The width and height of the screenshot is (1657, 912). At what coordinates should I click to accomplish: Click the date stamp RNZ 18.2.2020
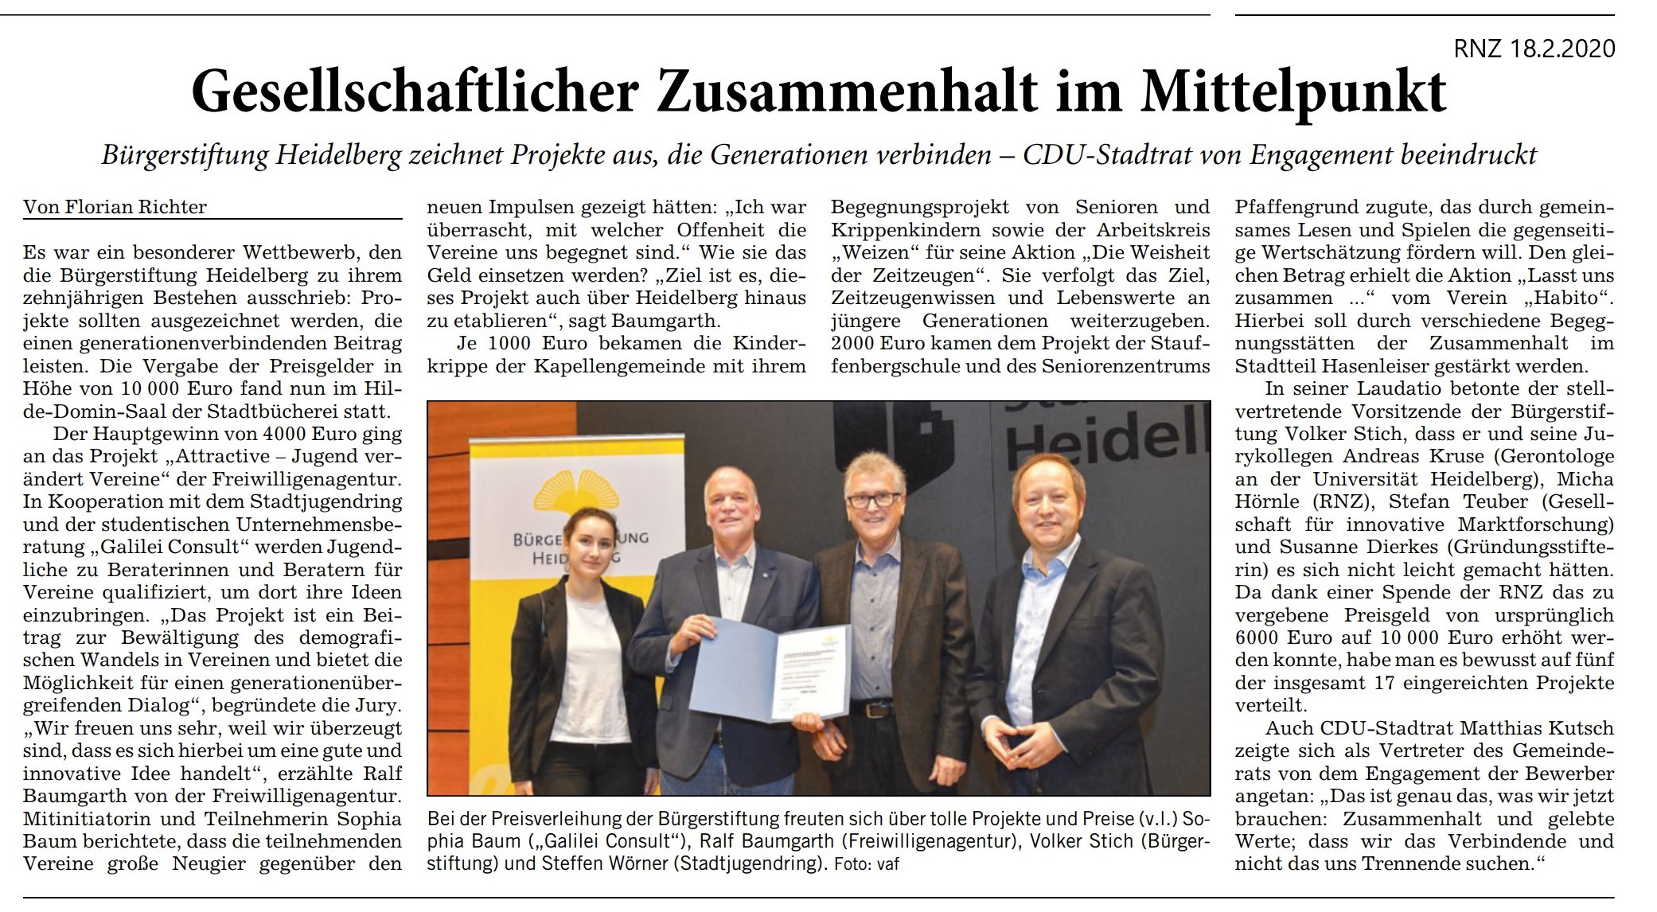(1534, 49)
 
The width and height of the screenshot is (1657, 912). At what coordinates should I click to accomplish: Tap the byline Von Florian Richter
(115, 208)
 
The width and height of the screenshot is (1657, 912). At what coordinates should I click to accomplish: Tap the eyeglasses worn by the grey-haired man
(873, 501)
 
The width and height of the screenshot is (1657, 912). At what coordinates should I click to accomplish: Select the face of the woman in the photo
(587, 544)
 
